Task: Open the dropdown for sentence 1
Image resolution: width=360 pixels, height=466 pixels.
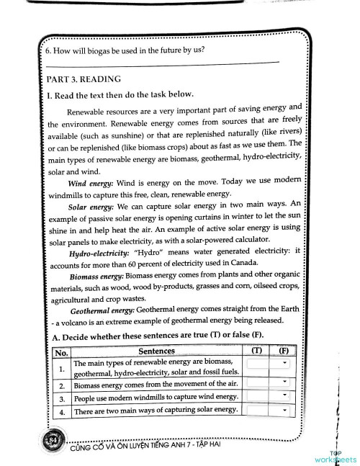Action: point(268,364)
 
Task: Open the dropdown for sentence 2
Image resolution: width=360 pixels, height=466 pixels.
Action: point(268,382)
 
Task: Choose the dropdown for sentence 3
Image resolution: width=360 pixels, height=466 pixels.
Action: point(268,396)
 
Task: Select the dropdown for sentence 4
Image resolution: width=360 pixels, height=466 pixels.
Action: point(268,410)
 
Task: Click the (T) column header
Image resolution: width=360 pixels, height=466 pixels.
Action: point(257,351)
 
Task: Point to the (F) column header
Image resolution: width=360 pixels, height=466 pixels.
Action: point(284,351)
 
